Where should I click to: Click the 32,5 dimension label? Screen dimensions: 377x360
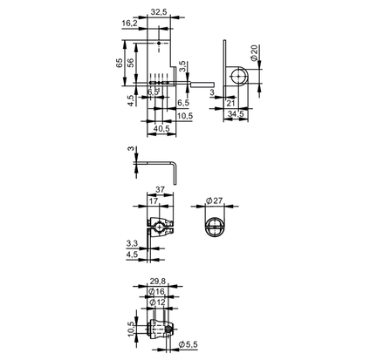click(159, 12)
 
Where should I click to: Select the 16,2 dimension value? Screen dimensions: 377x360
click(129, 24)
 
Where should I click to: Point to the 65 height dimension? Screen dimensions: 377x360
click(120, 63)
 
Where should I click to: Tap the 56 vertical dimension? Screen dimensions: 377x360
click(131, 63)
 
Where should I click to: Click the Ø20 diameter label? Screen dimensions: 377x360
click(254, 52)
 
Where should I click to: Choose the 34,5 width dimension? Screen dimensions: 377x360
click(236, 114)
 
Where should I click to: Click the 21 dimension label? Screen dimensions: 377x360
click(230, 103)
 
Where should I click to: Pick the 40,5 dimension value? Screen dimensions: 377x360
click(161, 128)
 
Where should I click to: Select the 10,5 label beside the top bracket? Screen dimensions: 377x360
click(185, 116)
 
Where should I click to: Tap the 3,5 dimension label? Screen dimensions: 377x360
click(182, 66)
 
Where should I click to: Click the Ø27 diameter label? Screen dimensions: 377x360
click(215, 200)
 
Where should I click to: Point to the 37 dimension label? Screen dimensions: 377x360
click(160, 190)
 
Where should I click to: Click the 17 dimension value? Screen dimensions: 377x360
click(154, 200)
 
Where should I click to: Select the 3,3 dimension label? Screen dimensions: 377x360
click(132, 243)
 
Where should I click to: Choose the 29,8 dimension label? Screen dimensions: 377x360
click(158, 281)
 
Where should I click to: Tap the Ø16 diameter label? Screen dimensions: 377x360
click(156, 291)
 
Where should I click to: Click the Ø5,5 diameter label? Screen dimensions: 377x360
click(188, 344)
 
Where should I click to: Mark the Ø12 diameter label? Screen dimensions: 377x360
click(157, 302)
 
